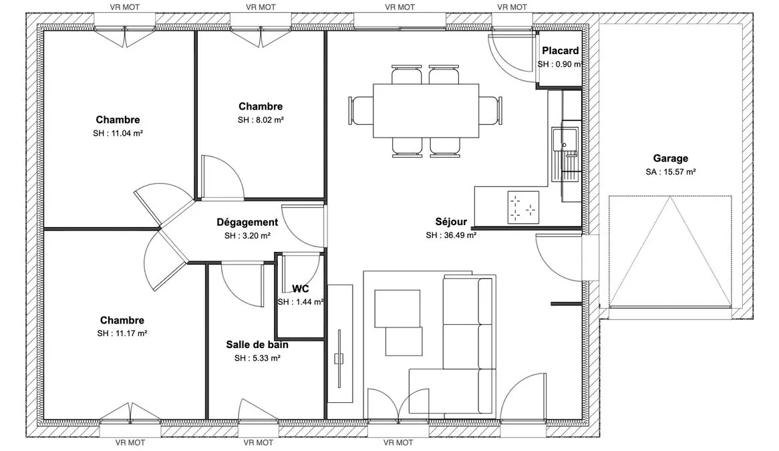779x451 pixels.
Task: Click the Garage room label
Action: coord(670,158)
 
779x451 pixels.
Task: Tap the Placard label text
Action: coord(560,51)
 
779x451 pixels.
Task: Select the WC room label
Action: coord(301,289)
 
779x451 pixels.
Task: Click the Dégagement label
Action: coord(247,222)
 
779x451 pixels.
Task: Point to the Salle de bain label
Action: coord(257,345)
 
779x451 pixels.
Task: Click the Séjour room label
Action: coord(451,222)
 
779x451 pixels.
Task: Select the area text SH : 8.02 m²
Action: coord(261,120)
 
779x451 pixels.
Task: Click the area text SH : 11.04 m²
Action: coord(118,133)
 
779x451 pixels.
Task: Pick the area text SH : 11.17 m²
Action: coord(122,333)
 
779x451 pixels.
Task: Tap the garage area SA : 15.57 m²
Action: coord(670,172)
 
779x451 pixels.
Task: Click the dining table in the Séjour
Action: coord(426,111)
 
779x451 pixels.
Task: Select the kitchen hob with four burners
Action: coord(523,207)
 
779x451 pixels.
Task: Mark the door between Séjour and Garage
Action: coord(559,258)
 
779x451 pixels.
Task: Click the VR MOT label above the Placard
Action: coord(512,7)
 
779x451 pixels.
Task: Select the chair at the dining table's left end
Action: coord(361,111)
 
